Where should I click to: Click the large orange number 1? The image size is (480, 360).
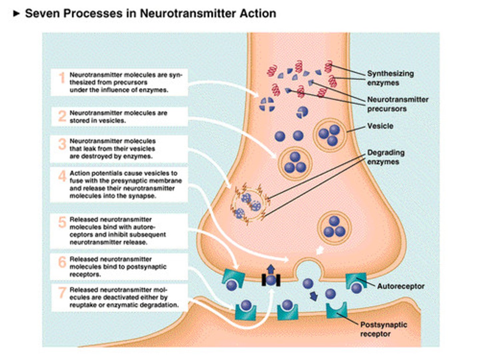[62, 78]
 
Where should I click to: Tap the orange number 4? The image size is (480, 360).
[62, 176]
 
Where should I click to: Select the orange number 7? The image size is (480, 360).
[62, 293]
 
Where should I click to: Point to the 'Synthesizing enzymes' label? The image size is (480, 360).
[390, 78]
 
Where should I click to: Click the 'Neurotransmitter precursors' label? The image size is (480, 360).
[398, 104]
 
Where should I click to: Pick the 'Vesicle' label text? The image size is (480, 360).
[380, 126]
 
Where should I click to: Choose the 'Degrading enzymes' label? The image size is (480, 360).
[386, 157]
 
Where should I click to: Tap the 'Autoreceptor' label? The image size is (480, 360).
[401, 286]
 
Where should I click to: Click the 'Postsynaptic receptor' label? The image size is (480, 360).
[384, 329]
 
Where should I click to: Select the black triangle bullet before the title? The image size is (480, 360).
[16, 14]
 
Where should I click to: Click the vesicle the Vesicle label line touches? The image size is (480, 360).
[330, 135]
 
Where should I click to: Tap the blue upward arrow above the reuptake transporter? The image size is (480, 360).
[271, 269]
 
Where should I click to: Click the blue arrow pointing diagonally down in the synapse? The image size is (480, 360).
[313, 296]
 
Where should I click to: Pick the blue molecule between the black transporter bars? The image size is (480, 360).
[271, 280]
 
